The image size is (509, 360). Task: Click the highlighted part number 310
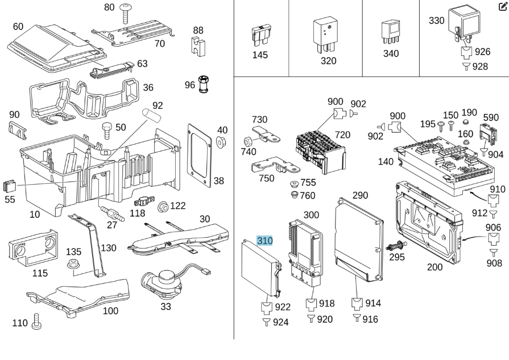(265, 241)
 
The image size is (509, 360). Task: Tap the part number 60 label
(18, 27)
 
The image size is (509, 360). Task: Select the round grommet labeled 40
(222, 140)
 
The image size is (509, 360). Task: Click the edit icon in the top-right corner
(502, 7)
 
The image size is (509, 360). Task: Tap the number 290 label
(360, 196)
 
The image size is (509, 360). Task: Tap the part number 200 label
(435, 267)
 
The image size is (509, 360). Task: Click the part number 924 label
(280, 322)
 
